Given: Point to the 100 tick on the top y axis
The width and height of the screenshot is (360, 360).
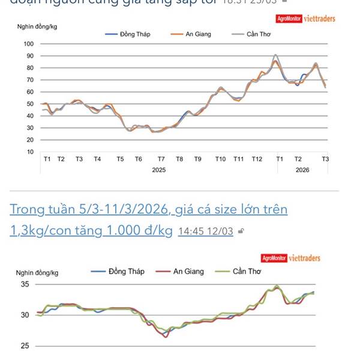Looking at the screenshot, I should pyautogui.click(x=29, y=44).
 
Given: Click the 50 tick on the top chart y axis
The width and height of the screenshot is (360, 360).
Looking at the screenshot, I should pyautogui.click(x=29, y=104).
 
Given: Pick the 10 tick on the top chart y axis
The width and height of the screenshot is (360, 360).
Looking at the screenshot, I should pyautogui.click(x=30, y=152).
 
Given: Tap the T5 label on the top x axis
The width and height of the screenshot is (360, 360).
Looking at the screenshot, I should pyautogui.click(x=120, y=159).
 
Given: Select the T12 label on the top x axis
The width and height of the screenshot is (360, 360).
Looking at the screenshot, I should pyautogui.click(x=257, y=159).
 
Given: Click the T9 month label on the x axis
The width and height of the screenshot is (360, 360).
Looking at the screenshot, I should pyautogui.click(x=197, y=159).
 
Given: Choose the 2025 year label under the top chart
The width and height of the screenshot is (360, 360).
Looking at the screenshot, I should pyautogui.click(x=158, y=170).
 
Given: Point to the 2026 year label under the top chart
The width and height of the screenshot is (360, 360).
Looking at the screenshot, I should pyautogui.click(x=302, y=170).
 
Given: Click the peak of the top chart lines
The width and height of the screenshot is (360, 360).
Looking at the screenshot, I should pyautogui.click(x=275, y=55).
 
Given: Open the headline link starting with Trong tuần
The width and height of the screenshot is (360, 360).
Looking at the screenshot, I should pyautogui.click(x=149, y=210).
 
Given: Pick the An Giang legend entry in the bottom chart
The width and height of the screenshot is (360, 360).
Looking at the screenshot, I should pyautogui.click(x=188, y=271).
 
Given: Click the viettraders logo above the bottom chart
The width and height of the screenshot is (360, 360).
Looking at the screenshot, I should pyautogui.click(x=304, y=258).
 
